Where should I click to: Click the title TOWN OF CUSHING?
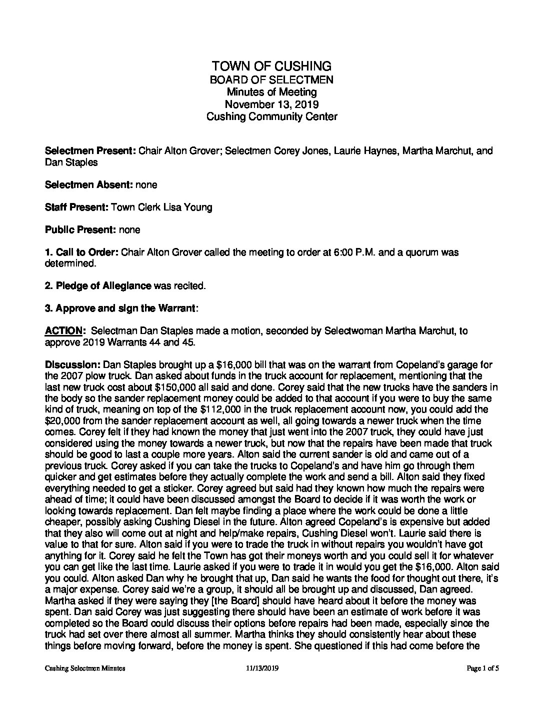click(271, 66)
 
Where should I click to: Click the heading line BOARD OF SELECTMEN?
click(271, 79)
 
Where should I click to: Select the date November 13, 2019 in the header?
click(271, 104)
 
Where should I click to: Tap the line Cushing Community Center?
click(271, 117)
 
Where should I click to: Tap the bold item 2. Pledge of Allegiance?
click(98, 286)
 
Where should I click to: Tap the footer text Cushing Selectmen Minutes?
click(85, 668)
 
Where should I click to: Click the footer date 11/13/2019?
click(262, 668)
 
